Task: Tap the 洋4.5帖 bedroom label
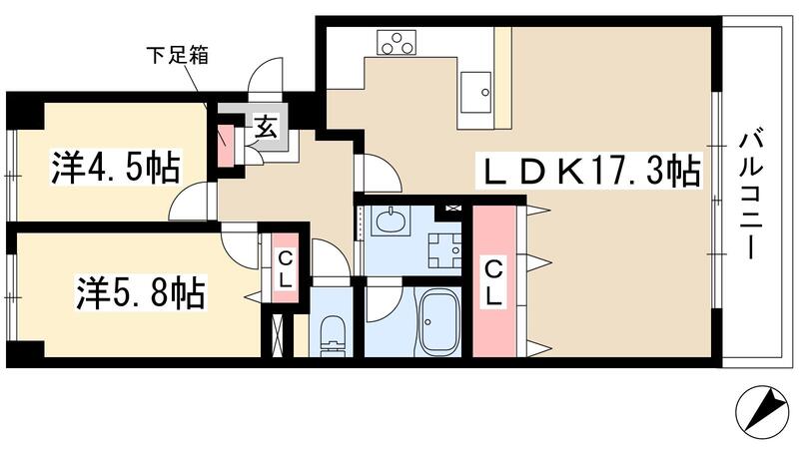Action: (115, 169)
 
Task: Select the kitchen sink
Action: (477, 88)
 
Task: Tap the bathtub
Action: (438, 322)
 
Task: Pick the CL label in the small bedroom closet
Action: (285, 268)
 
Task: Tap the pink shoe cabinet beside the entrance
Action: (227, 146)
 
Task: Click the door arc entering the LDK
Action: (380, 174)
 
